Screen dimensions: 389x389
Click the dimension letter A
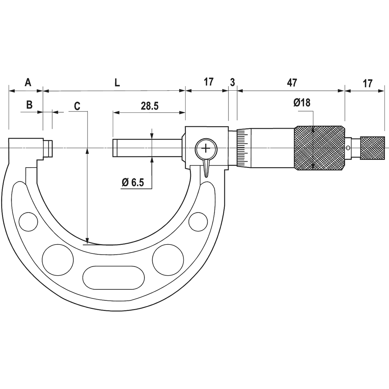pyautogui.click(x=28, y=83)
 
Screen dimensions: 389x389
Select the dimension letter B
pyautogui.click(x=29, y=105)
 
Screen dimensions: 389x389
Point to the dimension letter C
pyautogui.click(x=77, y=106)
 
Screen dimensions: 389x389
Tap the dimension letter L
pyautogui.click(x=117, y=83)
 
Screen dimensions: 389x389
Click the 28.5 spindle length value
pyautogui.click(x=150, y=106)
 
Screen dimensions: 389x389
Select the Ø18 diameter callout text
pyautogui.click(x=302, y=103)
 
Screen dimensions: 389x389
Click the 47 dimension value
pyautogui.click(x=292, y=83)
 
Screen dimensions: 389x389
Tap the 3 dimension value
pyautogui.click(x=232, y=82)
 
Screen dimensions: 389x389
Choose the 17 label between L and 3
pyautogui.click(x=208, y=82)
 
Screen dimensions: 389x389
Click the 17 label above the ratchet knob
pyautogui.click(x=368, y=83)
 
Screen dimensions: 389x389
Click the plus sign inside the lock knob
pyautogui.click(x=205, y=148)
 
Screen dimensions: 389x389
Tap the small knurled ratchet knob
pyautogui.click(x=372, y=148)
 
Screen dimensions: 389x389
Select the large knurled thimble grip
pyautogui.click(x=320, y=148)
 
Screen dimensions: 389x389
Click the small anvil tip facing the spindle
pyautogui.click(x=48, y=148)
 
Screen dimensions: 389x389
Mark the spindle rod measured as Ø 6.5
pyautogui.click(x=147, y=148)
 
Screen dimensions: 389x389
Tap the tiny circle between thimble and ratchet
pyautogui.click(x=348, y=148)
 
